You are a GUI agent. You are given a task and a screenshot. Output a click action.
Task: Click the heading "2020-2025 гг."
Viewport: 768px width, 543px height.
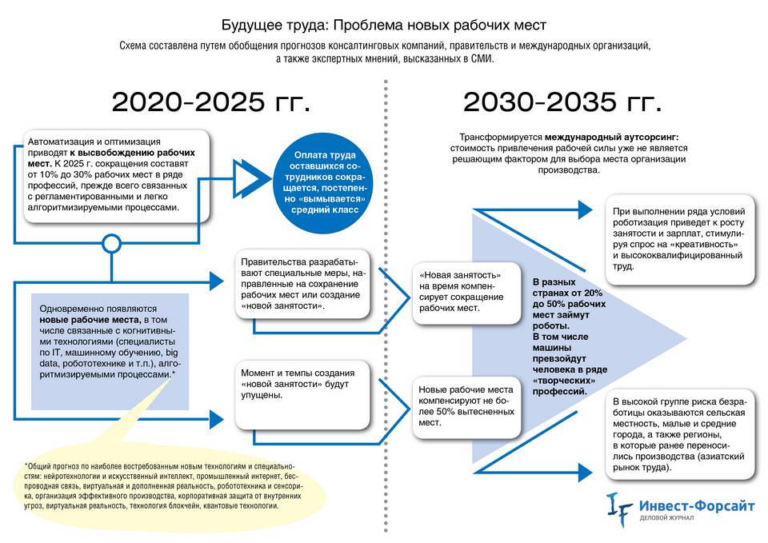211,102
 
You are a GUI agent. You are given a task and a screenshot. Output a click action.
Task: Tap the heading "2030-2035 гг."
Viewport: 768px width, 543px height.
562,102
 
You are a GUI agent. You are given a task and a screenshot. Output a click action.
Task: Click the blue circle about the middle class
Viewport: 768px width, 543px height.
322,182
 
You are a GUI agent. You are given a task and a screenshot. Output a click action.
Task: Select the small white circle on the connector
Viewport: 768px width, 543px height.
112,243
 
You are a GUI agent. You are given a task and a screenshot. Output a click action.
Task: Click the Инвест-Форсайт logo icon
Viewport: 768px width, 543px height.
619,509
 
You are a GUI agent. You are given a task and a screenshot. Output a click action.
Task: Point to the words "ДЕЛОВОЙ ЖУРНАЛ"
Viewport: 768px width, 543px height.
666,518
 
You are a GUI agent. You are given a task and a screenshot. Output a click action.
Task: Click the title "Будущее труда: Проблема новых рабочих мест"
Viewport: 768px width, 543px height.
383,25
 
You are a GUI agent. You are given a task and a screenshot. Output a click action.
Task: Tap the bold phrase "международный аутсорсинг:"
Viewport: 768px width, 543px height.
612,137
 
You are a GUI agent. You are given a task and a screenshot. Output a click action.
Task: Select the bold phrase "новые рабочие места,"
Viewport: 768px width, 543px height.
90,320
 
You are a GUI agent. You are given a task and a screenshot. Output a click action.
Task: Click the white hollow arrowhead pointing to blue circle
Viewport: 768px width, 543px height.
249,178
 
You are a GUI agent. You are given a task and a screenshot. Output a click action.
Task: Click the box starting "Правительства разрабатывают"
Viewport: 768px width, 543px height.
302,285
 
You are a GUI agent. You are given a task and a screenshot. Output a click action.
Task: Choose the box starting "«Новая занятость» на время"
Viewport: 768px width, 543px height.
466,293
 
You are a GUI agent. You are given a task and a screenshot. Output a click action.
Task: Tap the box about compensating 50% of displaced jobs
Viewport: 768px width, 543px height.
466,407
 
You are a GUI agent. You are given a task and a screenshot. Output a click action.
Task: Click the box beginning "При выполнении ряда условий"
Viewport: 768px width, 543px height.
680,239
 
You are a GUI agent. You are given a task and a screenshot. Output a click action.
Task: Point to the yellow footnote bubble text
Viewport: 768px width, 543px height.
163,486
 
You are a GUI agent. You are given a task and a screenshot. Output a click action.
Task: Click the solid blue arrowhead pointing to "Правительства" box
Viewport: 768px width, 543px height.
217,281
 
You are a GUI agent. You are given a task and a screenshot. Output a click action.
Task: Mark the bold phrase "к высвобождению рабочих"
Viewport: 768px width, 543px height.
132,153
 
